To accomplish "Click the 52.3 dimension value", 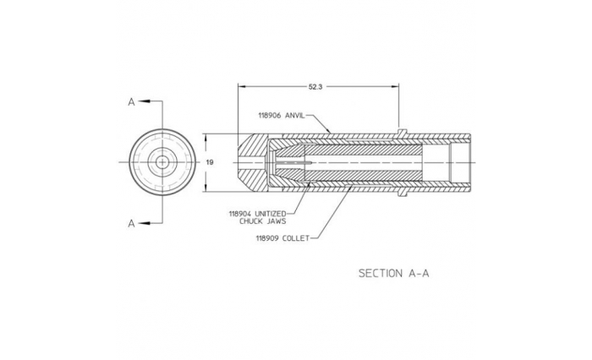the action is point(315,87).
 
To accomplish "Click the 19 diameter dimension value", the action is point(210,162).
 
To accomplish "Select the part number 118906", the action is point(270,116).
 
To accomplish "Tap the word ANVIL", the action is point(294,116).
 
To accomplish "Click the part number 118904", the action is point(240,214).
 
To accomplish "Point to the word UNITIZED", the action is point(271,214).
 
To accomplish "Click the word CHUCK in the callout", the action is point(250,221).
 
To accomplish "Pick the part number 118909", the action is point(267,238).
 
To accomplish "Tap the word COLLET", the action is point(296,238).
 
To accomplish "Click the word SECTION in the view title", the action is point(381,273).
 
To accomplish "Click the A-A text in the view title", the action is point(419,273).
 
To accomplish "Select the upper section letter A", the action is point(131,102).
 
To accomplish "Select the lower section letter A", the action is point(131,223).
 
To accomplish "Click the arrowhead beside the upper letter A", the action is point(145,101).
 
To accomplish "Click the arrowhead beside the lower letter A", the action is point(145,223).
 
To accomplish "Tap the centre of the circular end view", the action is point(162,162).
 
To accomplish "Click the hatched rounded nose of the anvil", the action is point(253,162).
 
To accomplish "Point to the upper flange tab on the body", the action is point(403,131).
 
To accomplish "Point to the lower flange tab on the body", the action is point(403,194).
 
